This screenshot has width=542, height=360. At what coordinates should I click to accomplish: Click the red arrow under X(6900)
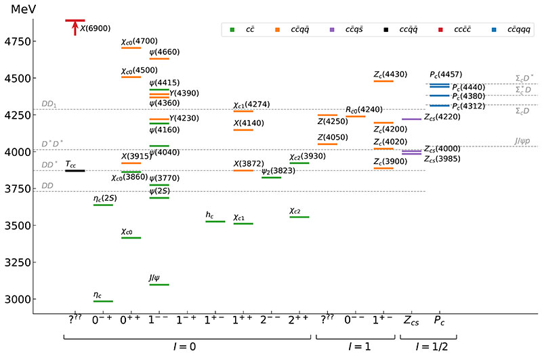[x=75, y=28]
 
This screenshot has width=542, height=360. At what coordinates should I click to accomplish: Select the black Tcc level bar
[x=75, y=171]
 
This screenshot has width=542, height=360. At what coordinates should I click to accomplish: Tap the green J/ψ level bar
[x=159, y=285]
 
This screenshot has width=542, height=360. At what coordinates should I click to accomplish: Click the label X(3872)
[x=247, y=163]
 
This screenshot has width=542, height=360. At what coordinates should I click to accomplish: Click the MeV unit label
[x=23, y=9]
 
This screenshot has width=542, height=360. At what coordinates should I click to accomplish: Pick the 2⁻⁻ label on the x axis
[x=271, y=319]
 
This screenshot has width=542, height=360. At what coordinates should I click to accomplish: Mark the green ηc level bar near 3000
[x=102, y=301]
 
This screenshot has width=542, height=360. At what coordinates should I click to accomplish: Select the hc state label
[x=210, y=215]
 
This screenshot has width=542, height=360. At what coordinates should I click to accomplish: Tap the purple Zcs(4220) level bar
[x=411, y=119]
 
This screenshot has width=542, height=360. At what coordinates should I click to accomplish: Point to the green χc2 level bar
[x=299, y=217]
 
